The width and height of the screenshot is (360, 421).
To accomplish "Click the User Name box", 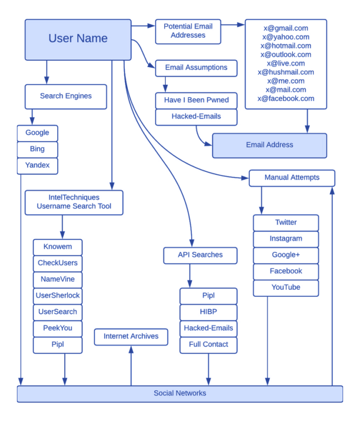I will click(78, 39).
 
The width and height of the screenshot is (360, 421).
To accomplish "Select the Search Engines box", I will click(66, 96).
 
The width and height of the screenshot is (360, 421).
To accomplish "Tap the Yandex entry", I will click(37, 165).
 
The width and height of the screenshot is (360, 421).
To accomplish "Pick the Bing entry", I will click(37, 149).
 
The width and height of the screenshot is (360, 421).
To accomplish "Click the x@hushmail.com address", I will click(285, 72).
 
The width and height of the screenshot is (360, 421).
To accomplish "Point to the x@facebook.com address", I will click(285, 98).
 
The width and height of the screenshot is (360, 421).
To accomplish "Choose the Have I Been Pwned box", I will click(196, 100).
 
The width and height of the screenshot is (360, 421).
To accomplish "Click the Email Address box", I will click(270, 145).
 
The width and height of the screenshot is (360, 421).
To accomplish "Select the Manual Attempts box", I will click(292, 177).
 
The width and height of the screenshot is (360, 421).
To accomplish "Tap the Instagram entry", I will click(285, 239).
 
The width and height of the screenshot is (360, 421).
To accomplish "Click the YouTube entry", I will click(285, 287).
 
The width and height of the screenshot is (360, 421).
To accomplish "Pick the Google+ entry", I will click(285, 255).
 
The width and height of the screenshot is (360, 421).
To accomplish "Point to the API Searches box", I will click(200, 255).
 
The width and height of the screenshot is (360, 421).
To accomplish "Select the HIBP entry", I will click(208, 311).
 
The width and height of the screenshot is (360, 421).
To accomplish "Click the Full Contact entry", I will click(208, 344).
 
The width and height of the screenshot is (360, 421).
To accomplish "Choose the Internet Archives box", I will click(131, 336).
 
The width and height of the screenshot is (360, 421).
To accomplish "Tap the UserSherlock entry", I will click(58, 295).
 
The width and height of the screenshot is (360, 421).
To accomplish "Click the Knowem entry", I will click(58, 247).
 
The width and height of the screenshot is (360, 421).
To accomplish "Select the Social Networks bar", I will click(180, 393).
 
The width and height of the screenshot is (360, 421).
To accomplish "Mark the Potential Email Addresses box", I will click(187, 31).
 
